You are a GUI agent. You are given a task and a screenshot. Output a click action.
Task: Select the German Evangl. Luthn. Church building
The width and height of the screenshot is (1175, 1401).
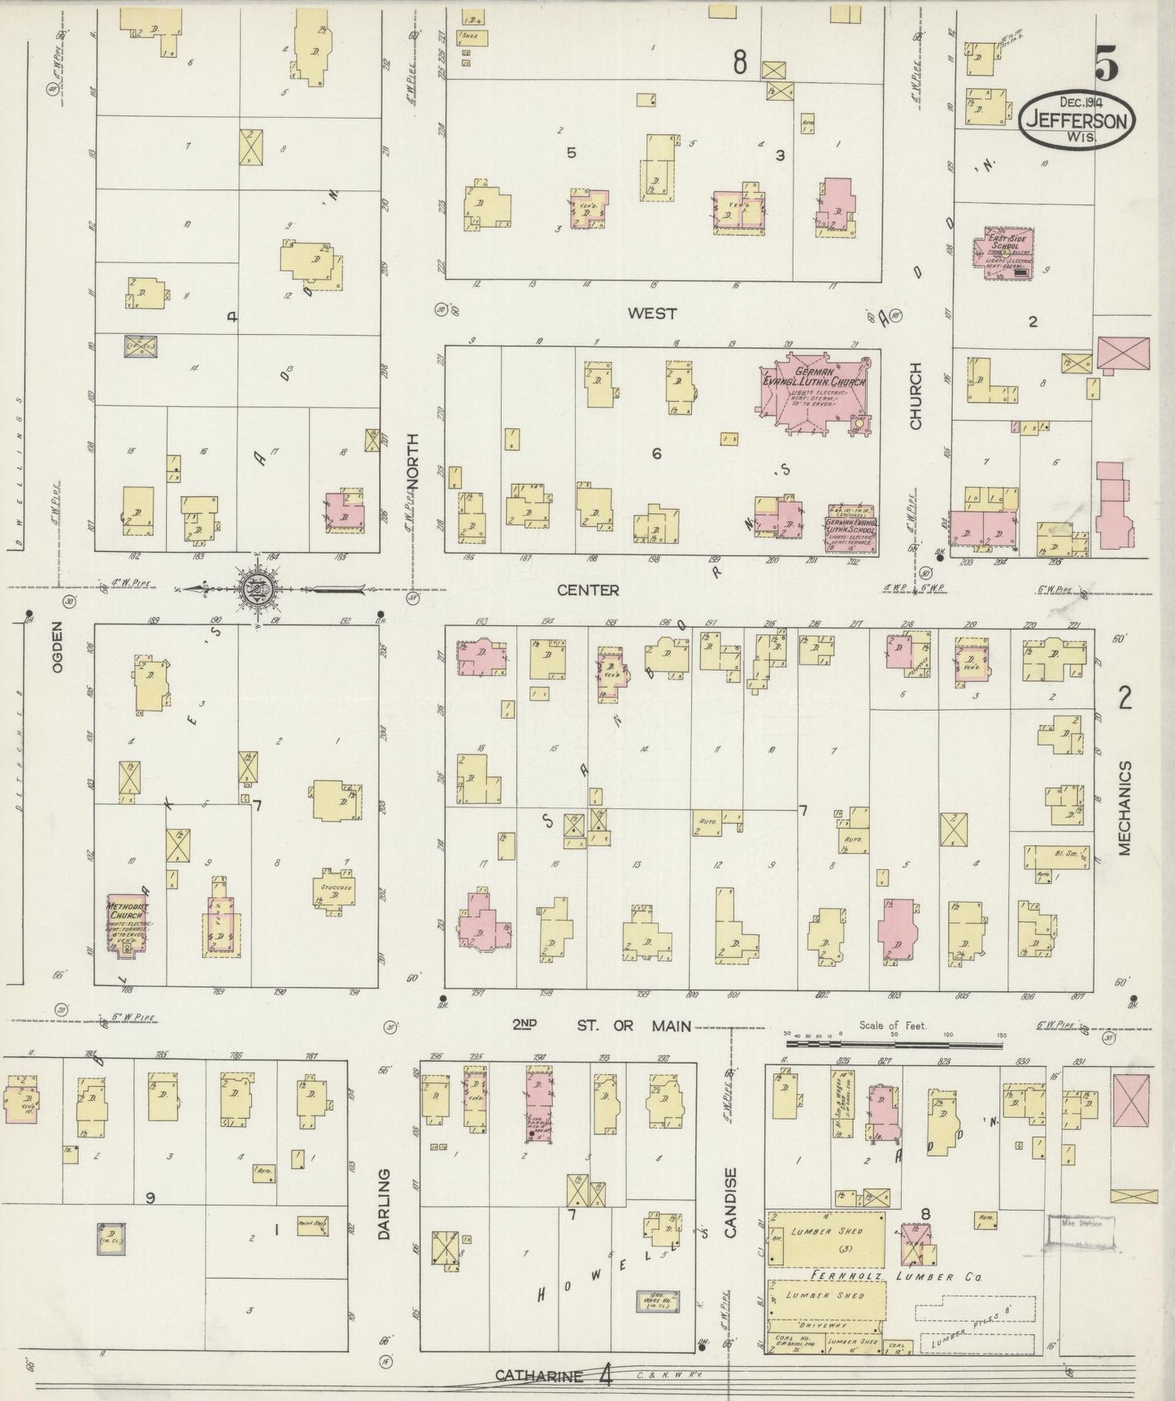tap(813, 390)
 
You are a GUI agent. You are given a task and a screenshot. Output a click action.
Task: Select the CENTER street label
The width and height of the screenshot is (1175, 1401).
tap(589, 590)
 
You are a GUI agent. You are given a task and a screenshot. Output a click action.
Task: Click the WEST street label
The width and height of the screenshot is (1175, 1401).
tap(652, 314)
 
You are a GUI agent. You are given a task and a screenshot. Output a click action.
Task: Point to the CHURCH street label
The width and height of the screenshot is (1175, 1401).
tap(916, 396)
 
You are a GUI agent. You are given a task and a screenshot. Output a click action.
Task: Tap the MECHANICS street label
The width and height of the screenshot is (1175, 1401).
tap(1125, 808)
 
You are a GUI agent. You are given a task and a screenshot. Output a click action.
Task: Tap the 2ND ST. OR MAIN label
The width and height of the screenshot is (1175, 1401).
tap(602, 1025)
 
